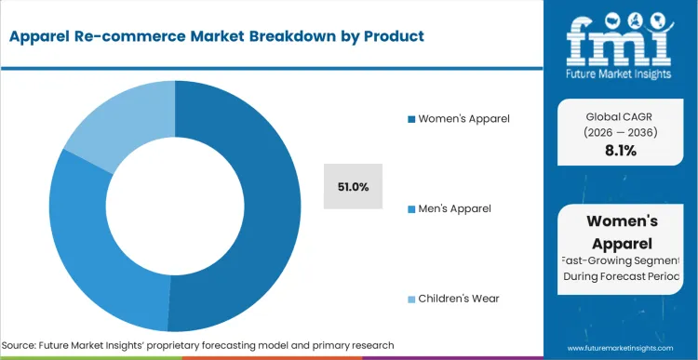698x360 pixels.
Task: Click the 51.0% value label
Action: (353, 187)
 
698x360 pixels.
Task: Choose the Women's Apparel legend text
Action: (464, 119)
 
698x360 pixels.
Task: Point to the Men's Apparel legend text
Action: (455, 208)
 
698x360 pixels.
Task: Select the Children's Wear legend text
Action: (460, 299)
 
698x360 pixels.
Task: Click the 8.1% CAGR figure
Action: (621, 151)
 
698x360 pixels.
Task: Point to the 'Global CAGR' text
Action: (620, 115)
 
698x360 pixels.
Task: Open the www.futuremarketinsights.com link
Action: (621, 345)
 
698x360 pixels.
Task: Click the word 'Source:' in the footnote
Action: (21, 345)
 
